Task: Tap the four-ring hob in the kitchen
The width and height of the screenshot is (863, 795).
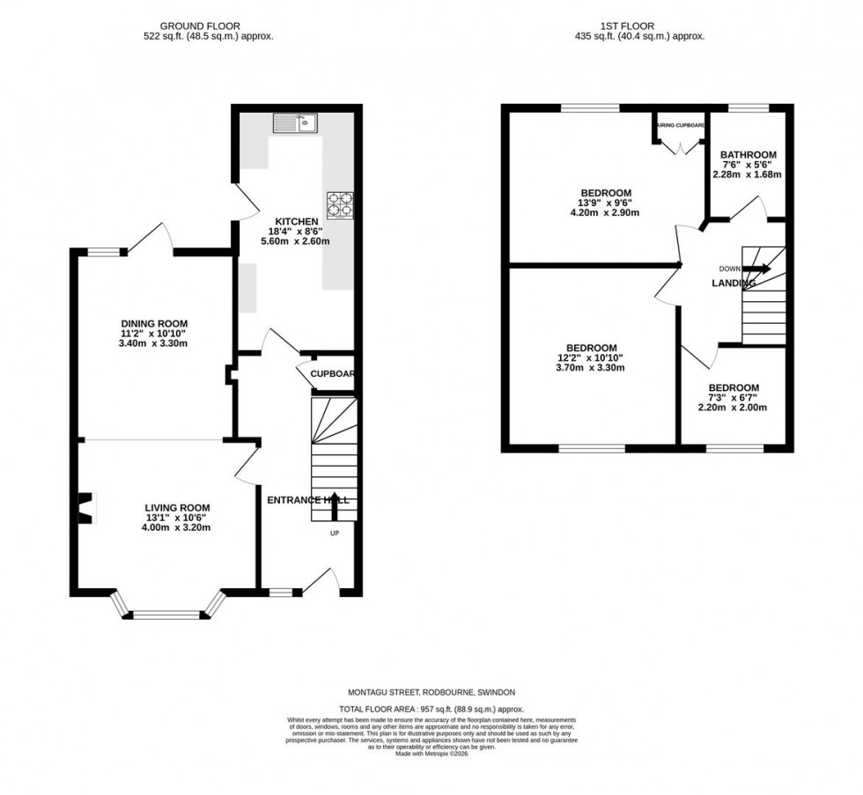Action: point(340,204)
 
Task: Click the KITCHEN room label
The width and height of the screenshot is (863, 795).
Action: point(291,221)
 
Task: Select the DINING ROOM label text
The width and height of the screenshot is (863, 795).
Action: point(154,323)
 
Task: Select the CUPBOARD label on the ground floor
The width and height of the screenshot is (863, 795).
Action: point(332,374)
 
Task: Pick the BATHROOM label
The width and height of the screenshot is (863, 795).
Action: point(748,154)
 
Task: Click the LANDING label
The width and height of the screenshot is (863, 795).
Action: point(733,283)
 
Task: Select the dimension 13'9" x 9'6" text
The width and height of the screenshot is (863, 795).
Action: point(605,202)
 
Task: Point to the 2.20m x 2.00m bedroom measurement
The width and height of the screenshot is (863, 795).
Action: point(733,408)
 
